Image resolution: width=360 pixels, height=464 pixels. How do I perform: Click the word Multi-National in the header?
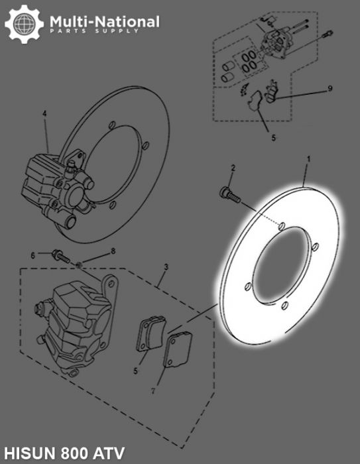pyautogui.click(x=105, y=22)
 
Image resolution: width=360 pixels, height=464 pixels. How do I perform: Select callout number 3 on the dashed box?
pyautogui.click(x=166, y=266)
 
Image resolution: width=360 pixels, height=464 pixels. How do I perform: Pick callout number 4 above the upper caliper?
pyautogui.click(x=44, y=113)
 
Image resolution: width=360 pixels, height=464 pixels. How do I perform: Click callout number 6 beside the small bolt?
pyautogui.click(x=31, y=255)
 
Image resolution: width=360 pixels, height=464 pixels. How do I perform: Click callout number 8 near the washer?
pyautogui.click(x=113, y=251)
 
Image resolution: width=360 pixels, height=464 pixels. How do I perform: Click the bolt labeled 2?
pyautogui.click(x=227, y=193)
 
